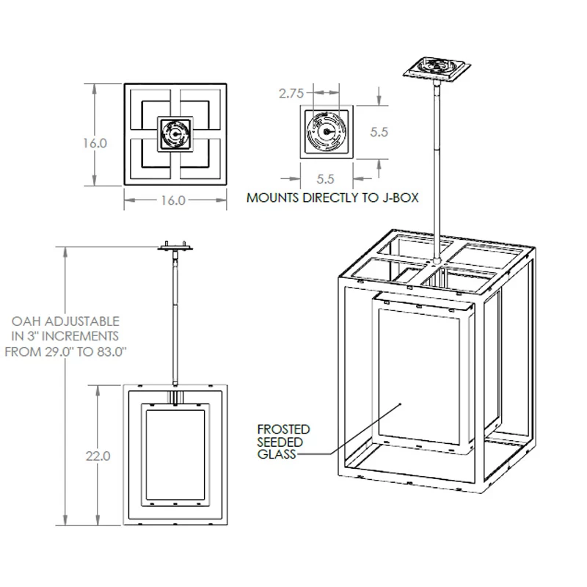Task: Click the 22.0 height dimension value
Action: point(98,456)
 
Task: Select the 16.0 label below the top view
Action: point(172,200)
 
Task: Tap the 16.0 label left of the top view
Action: point(95,143)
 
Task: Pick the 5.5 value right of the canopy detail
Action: point(379,133)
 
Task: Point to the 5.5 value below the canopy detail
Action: point(325,178)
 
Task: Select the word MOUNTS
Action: point(272,197)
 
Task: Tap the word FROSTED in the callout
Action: point(283,429)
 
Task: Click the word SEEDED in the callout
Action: point(280,442)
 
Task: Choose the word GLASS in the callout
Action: point(276,455)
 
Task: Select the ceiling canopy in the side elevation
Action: point(176,248)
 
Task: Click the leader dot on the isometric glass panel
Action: point(400,404)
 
